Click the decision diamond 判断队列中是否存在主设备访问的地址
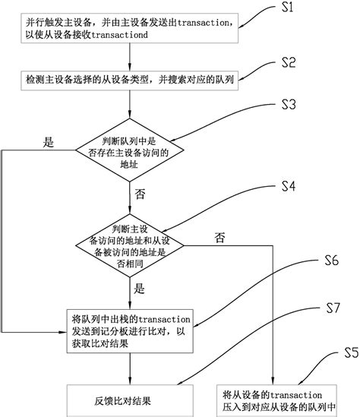[131, 148]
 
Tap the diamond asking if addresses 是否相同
[131, 242]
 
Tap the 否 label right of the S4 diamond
[220, 238]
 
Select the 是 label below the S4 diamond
[139, 289]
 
